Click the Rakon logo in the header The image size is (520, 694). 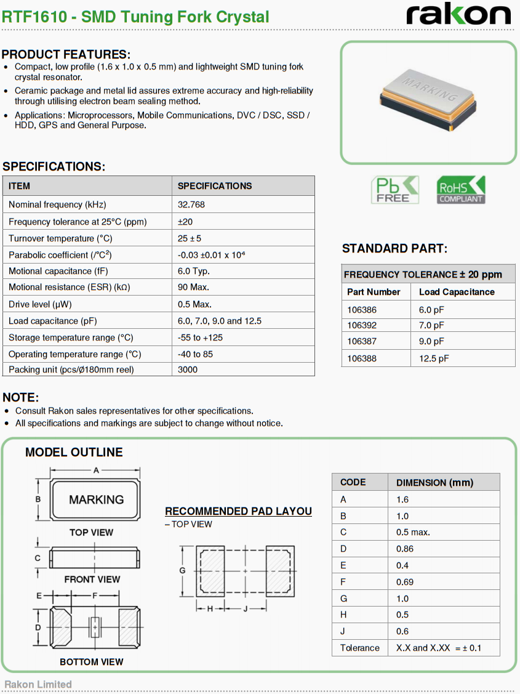458,14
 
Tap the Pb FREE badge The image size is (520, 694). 394,190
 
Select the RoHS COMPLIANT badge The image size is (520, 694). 460,190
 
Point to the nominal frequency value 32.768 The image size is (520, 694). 191,204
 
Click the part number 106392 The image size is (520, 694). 362,325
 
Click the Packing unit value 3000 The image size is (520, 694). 188,369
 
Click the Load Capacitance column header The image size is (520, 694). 457,292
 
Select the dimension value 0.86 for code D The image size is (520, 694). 405,549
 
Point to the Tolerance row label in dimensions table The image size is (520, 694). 360,648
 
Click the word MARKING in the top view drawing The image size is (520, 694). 96,499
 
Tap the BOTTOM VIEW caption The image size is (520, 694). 91,662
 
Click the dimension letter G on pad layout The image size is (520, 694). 182,570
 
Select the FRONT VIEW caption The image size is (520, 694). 92,579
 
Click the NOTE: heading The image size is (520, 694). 21,397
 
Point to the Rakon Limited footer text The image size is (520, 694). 38,684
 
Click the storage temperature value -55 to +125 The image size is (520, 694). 200,337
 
